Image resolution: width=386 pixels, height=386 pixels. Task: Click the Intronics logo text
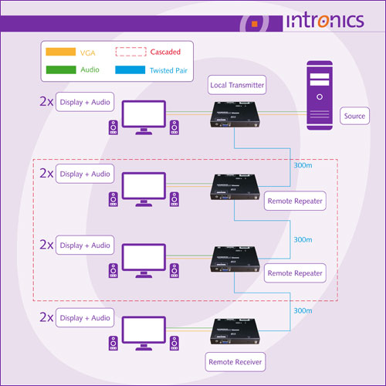tap(325, 21)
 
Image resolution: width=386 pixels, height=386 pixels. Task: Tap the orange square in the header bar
tap(255, 24)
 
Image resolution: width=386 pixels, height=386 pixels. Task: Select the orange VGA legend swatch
tap(61, 52)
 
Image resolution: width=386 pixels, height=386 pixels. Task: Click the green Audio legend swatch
tap(61, 69)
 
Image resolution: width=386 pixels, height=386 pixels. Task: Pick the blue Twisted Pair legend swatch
tap(130, 70)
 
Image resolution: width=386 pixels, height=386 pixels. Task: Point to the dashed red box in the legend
tap(131, 52)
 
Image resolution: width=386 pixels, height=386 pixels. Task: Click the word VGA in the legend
tap(88, 53)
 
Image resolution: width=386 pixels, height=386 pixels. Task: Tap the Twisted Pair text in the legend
tap(168, 70)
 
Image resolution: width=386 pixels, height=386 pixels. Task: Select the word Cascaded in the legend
tap(165, 52)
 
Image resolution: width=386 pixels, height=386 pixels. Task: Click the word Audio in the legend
tap(90, 69)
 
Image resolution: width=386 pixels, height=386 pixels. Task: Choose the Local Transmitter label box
tap(237, 85)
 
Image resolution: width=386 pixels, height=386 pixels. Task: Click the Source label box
tap(354, 116)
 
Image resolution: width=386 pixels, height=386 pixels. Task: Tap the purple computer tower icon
tap(320, 96)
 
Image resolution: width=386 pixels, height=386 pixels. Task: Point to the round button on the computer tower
tap(320, 97)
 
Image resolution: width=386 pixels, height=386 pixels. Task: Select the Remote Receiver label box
tap(235, 362)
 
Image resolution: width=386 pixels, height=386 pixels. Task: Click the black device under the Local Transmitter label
tap(235, 114)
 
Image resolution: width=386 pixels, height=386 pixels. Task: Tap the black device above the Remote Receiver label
tap(235, 331)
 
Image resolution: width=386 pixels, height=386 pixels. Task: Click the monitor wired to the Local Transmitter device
tap(144, 117)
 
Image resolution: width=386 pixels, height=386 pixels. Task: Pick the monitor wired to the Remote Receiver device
tap(144, 334)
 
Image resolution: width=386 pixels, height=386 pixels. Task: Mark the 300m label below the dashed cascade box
tap(303, 311)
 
